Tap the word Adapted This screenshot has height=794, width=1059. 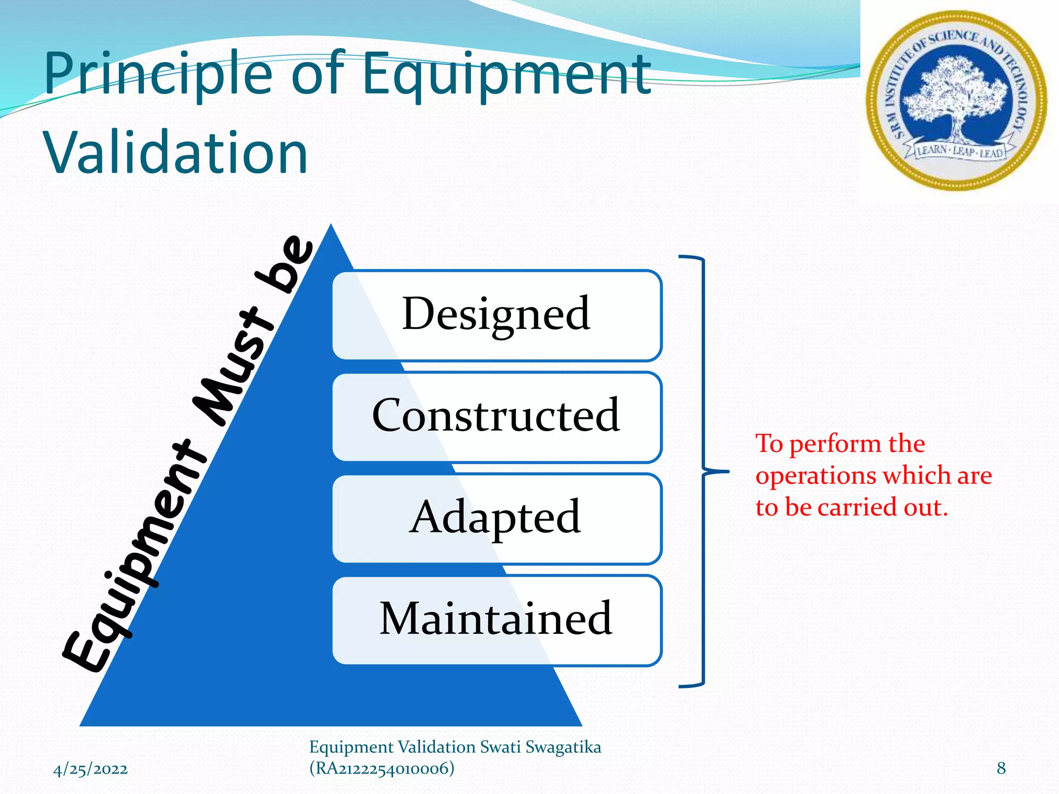(495, 517)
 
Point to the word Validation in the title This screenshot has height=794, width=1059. (176, 153)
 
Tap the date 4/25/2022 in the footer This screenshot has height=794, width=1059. (90, 769)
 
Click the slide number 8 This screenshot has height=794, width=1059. (1001, 768)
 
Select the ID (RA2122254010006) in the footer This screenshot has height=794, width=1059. (382, 768)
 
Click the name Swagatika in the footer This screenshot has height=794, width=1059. (563, 747)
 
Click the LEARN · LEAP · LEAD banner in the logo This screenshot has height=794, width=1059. (960, 151)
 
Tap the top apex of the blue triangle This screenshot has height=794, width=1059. (331, 226)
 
